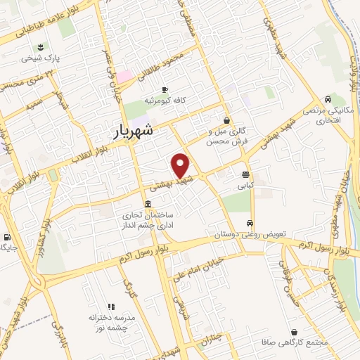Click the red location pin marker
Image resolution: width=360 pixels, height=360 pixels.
point(181,165)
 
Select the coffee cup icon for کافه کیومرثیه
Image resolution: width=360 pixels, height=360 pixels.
point(165,89)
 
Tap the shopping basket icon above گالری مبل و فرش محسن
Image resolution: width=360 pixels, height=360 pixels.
point(226,120)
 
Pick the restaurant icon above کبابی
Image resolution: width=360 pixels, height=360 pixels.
point(245,175)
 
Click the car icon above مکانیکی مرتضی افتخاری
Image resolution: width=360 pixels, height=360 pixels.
point(328,99)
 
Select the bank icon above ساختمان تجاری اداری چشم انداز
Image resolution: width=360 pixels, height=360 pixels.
point(146,205)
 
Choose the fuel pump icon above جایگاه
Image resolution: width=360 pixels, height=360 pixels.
point(8,236)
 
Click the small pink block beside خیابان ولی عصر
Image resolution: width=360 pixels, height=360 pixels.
point(124,75)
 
